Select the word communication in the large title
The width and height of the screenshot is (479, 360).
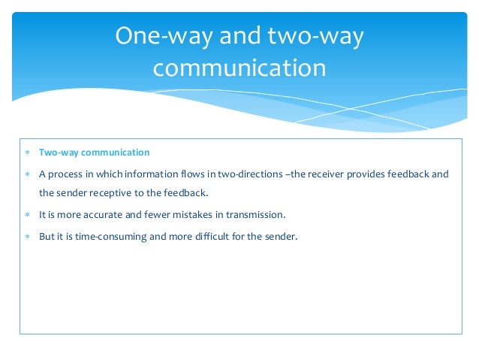[x=239, y=68]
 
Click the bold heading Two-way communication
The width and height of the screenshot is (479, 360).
[x=94, y=153]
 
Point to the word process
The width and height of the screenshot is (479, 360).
[x=66, y=174]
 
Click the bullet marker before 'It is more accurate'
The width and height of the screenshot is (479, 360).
[x=28, y=216]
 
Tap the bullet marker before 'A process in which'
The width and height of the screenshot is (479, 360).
[x=28, y=175]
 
